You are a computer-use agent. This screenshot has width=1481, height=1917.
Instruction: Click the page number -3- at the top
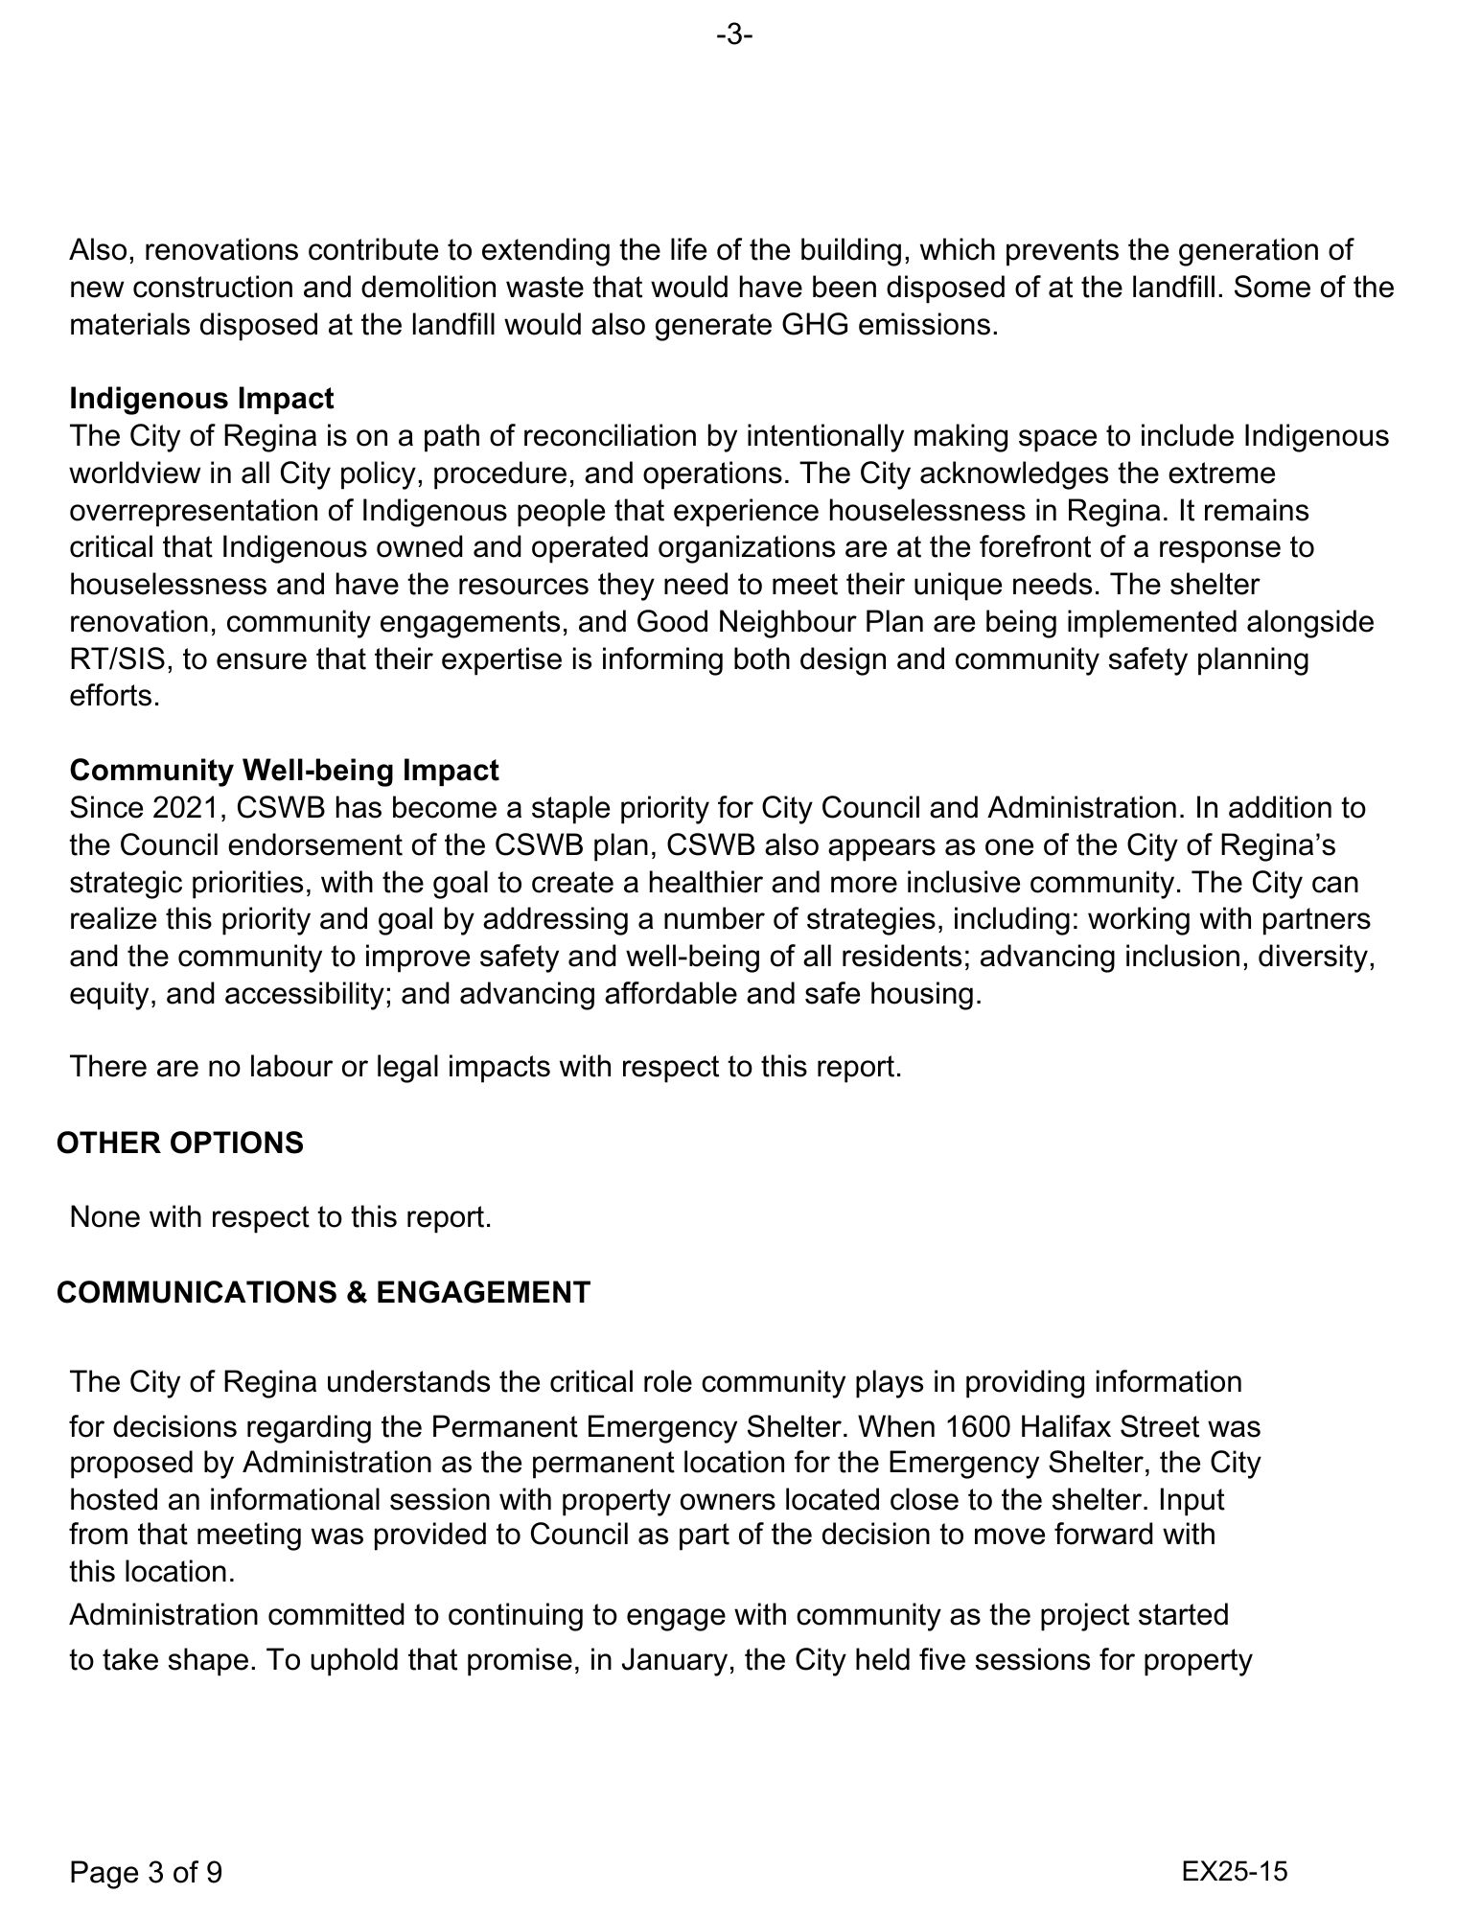tap(733, 35)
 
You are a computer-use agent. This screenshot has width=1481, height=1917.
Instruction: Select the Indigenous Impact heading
tap(201, 398)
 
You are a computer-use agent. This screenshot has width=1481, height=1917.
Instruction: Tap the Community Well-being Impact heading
tap(284, 770)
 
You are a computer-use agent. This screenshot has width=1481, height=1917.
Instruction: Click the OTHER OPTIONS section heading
tap(179, 1143)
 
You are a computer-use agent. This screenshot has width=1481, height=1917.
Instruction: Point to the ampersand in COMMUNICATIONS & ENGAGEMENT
tap(358, 1292)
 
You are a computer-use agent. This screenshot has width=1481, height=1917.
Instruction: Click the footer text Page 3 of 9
tap(146, 1871)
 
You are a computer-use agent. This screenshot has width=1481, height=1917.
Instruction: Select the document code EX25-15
tap(1235, 1870)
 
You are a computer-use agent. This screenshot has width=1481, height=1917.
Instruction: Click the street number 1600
tap(977, 1426)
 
